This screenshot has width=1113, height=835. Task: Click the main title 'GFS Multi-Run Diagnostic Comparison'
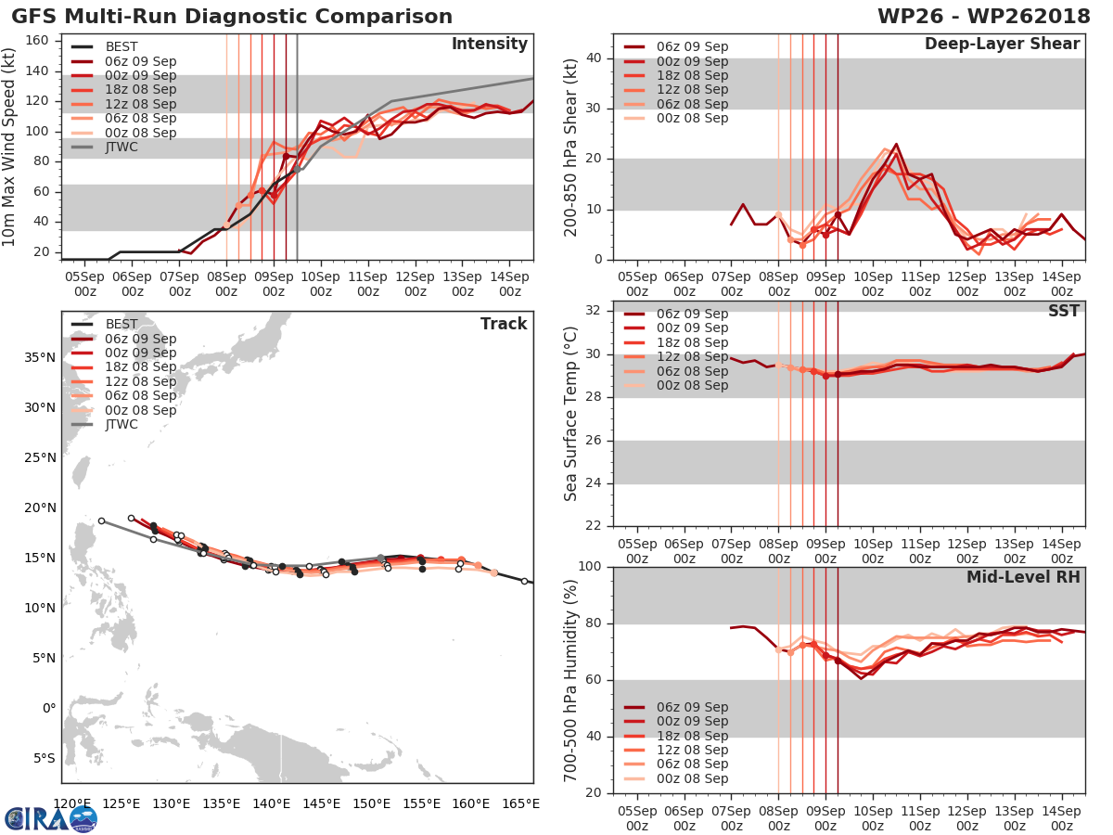click(x=232, y=17)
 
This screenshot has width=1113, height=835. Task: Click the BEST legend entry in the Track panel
click(x=122, y=324)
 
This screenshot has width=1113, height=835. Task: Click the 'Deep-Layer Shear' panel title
click(x=1002, y=45)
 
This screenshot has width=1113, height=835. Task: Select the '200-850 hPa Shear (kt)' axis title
click(x=572, y=147)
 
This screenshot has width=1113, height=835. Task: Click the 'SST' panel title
click(x=1063, y=311)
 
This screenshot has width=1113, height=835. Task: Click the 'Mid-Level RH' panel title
click(x=1023, y=577)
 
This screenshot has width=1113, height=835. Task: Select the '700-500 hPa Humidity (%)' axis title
click(x=572, y=680)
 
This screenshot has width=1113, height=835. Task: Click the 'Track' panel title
click(x=504, y=324)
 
